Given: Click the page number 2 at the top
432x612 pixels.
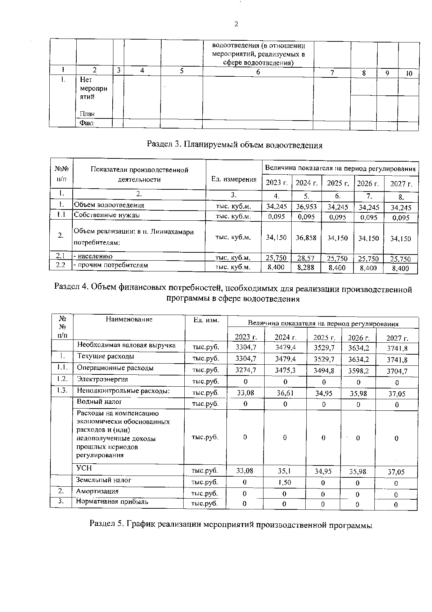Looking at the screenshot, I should pyautogui.click(x=236, y=24).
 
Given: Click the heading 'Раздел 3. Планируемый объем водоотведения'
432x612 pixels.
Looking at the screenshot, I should pyautogui.click(x=234, y=145).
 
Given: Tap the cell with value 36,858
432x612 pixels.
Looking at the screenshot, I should pyautogui.click(x=306, y=238).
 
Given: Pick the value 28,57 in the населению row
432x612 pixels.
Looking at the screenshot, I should pyautogui.click(x=306, y=258).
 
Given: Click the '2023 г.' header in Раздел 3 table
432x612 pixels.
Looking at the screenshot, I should pyautogui.click(x=276, y=183).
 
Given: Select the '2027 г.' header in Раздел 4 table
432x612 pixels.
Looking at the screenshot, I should pyautogui.click(x=397, y=338).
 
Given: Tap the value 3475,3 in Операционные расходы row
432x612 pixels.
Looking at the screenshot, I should pyautogui.click(x=285, y=370).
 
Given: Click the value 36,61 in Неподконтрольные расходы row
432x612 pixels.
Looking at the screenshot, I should pyautogui.click(x=285, y=393).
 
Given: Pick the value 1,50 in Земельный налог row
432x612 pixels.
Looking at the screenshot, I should pyautogui.click(x=284, y=482).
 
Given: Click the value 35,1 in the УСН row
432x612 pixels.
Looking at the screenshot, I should pyautogui.click(x=285, y=471).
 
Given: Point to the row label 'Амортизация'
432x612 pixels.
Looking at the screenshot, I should pyautogui.click(x=97, y=491).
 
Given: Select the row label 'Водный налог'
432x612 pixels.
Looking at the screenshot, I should pyautogui.click(x=99, y=401).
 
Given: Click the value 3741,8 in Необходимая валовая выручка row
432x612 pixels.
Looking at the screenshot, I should pyautogui.click(x=397, y=348).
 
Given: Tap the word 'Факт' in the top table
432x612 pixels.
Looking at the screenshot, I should pyautogui.click(x=87, y=123).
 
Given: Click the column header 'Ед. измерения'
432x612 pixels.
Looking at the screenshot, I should pyautogui.click(x=234, y=179).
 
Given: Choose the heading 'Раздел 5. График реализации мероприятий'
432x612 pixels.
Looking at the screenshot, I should pyautogui.click(x=230, y=525).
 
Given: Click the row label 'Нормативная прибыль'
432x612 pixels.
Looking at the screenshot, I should pyautogui.click(x=112, y=502).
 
